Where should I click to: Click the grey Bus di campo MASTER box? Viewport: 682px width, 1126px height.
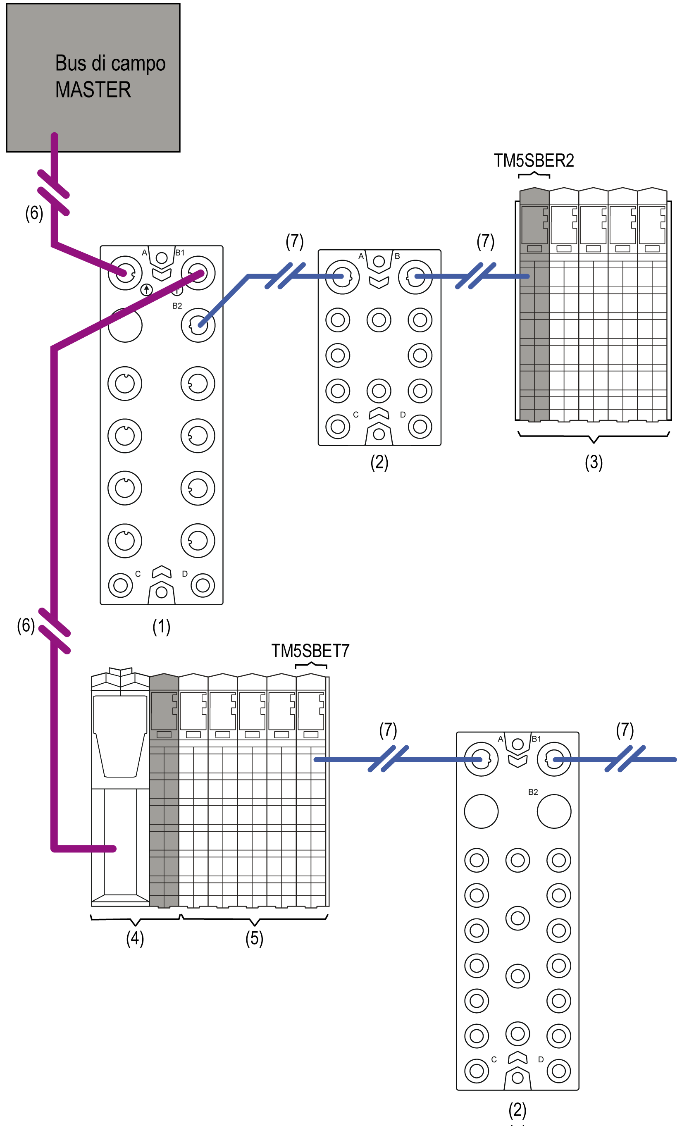[x=93, y=78]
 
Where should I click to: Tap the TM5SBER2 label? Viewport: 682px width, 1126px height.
[x=534, y=160]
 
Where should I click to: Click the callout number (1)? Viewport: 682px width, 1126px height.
[x=161, y=627]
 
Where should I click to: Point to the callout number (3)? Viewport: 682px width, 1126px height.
[x=594, y=462]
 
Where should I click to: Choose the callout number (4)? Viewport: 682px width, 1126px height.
[x=135, y=938]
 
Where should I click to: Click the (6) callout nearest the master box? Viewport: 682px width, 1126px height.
[x=34, y=213]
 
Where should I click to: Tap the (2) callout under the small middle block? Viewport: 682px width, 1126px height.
[x=379, y=462]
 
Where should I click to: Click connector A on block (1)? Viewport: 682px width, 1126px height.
[x=125, y=273]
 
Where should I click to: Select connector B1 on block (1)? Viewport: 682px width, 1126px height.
[x=198, y=273]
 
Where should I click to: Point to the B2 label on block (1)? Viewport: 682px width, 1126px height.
[x=177, y=306]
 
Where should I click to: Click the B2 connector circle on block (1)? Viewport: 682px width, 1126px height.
[x=198, y=325]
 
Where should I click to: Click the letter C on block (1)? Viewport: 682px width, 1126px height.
[x=138, y=574]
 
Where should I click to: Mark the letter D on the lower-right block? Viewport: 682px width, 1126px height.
[x=541, y=1059]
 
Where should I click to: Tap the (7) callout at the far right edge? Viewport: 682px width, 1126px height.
[x=625, y=730]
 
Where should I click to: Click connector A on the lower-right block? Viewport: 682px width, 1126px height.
[x=481, y=759]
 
